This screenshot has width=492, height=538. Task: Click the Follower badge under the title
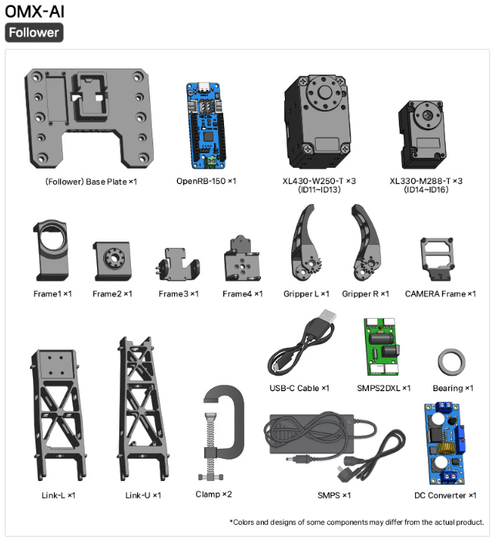click(x=34, y=32)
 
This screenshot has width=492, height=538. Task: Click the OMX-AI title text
click(x=35, y=12)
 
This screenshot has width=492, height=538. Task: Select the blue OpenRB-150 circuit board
click(x=206, y=125)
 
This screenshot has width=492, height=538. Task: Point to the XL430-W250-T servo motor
click(x=317, y=122)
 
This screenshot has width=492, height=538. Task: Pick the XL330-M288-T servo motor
click(x=422, y=134)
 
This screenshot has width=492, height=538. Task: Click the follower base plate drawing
click(x=89, y=118)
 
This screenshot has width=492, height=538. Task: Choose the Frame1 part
click(x=52, y=250)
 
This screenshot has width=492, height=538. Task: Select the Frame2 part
click(x=112, y=262)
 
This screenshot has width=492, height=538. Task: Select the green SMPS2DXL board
click(x=381, y=346)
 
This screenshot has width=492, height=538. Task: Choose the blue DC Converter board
click(x=445, y=443)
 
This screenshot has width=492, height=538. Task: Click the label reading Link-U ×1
click(x=143, y=495)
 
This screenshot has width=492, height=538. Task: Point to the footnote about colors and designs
click(x=356, y=522)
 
